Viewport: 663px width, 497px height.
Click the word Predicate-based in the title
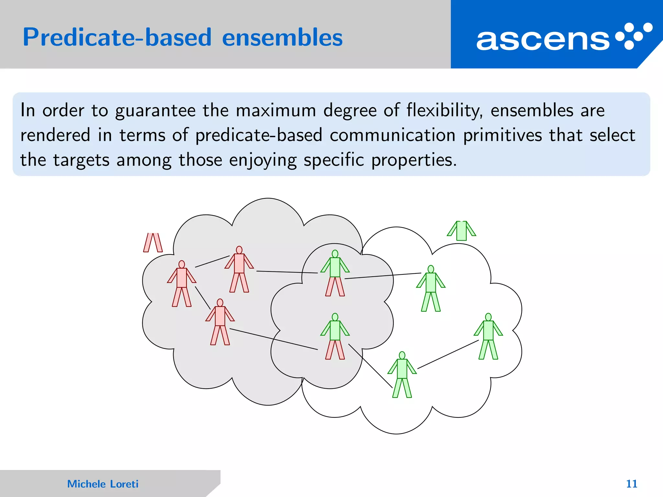pos(117,38)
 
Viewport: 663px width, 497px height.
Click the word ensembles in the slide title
pos(282,38)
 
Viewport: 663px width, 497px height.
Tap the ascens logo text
pos(543,40)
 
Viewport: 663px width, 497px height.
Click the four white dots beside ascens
pos(634,36)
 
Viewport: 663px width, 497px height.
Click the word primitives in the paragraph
pos(502,135)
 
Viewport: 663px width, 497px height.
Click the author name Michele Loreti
pos(103,484)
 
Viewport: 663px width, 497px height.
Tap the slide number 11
pos(631,484)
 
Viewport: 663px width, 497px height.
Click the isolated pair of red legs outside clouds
pos(153,243)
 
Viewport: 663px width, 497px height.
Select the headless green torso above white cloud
pos(461,231)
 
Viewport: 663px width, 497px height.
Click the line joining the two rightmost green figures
pos(448,354)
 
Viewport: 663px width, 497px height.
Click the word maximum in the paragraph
pos(276,111)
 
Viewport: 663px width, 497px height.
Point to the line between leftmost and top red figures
pos(212,261)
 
